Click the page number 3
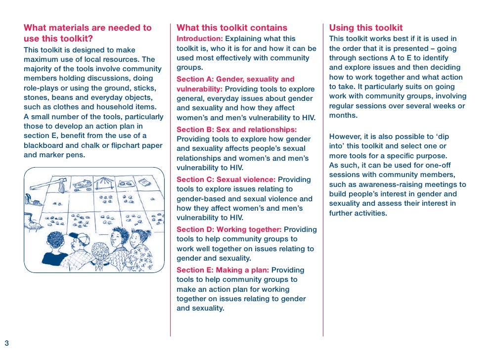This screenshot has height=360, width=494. [7, 343]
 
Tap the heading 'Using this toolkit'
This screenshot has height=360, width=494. [365, 28]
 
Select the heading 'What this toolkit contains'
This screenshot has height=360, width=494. [231, 28]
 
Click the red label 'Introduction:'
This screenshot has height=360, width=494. [200, 39]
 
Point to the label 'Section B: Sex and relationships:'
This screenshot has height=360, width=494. [236, 130]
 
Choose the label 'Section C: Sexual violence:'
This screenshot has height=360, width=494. [226, 180]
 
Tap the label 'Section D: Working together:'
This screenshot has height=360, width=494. [229, 229]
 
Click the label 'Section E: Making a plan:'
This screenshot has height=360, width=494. [223, 270]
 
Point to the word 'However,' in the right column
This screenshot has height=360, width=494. [345, 136]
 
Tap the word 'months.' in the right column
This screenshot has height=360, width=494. [343, 115]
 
